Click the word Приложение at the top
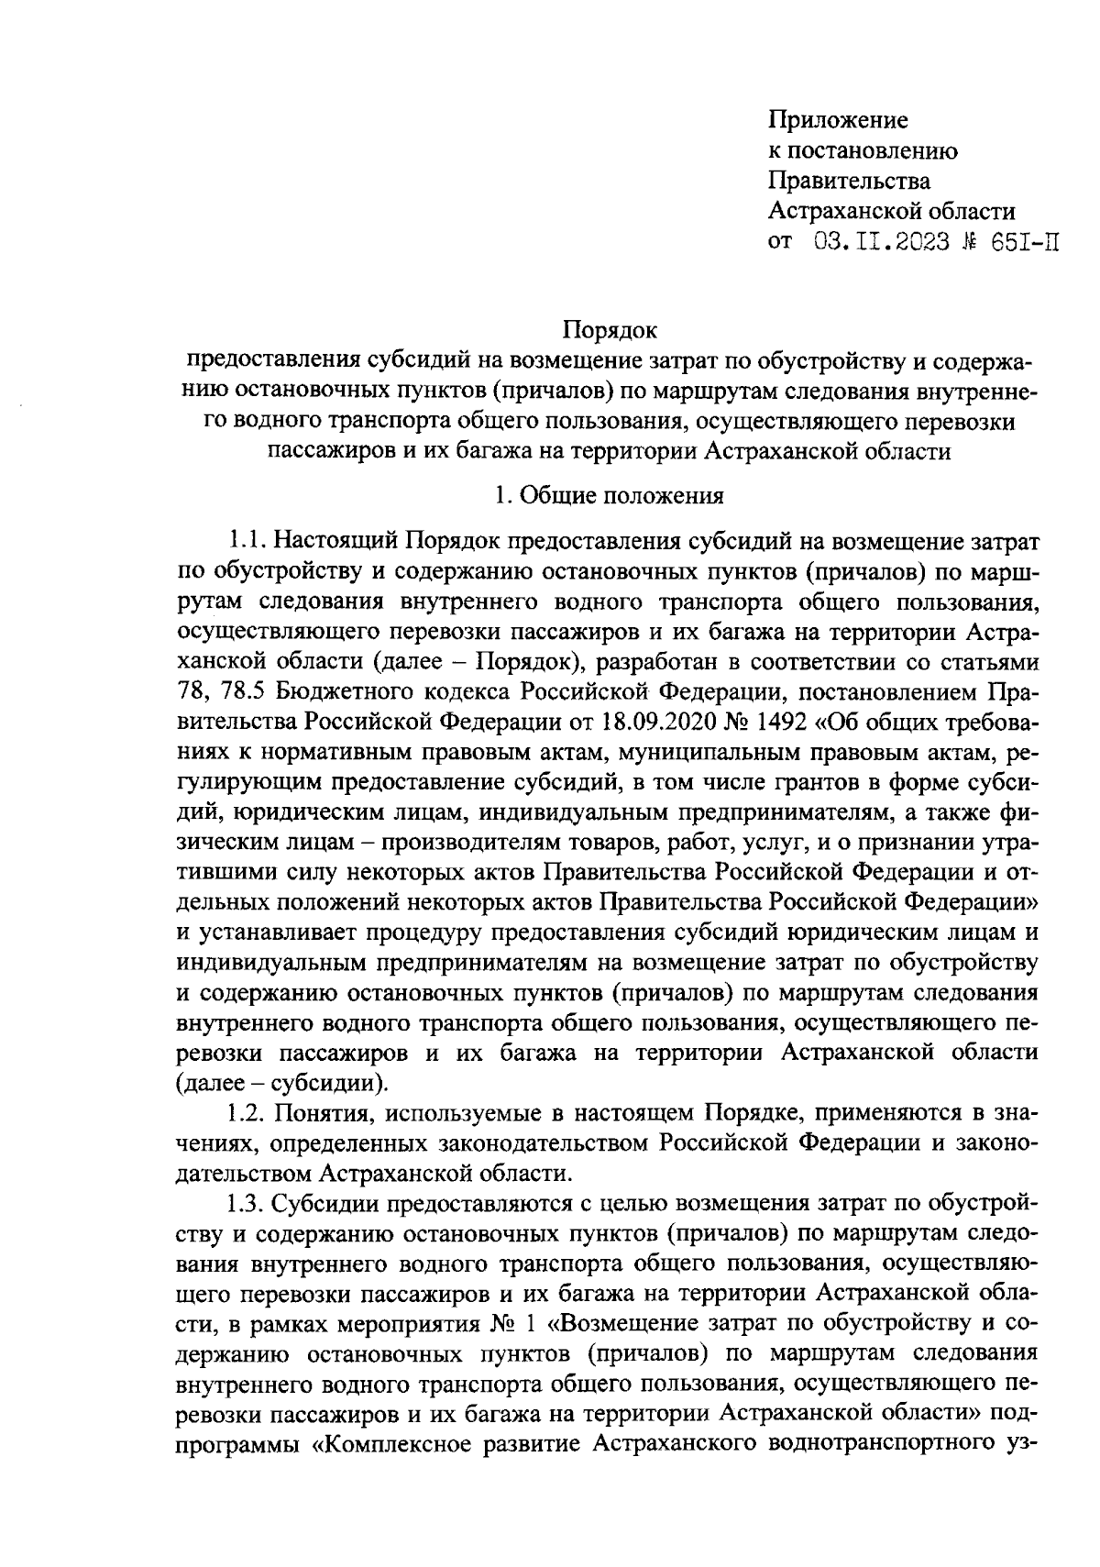click(x=837, y=120)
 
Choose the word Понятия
click(x=323, y=1113)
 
